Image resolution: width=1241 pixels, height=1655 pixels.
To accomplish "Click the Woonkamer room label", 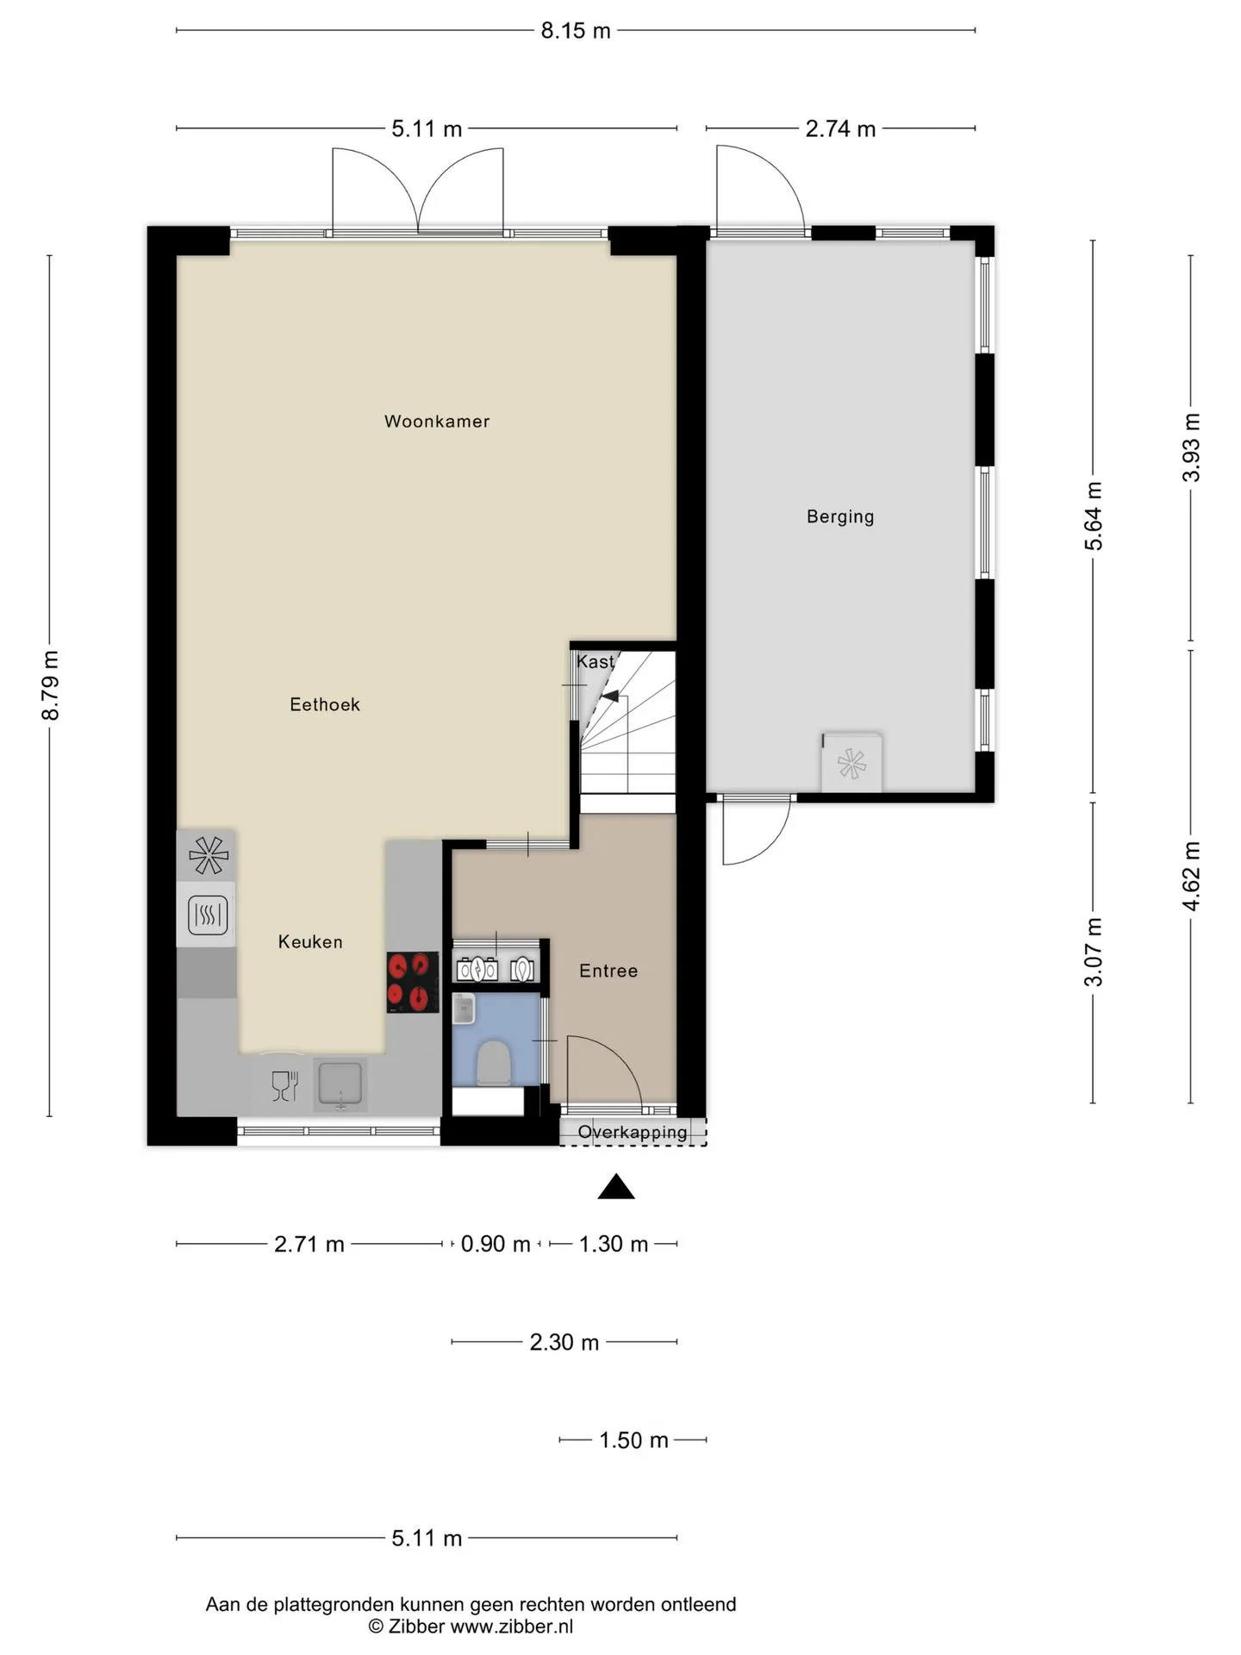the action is click(x=437, y=422).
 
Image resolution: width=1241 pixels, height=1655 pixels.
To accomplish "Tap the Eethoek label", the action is click(x=325, y=704).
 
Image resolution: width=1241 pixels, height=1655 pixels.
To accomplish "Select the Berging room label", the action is click(x=840, y=516).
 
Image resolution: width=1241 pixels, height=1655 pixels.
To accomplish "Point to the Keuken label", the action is click(x=310, y=942).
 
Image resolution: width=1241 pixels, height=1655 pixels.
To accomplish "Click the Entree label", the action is click(x=608, y=971).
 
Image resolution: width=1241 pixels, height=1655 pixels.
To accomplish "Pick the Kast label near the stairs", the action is click(x=596, y=661).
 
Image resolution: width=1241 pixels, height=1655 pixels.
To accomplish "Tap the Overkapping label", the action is click(x=633, y=1132).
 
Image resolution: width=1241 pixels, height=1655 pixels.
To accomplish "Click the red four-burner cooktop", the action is click(x=413, y=982).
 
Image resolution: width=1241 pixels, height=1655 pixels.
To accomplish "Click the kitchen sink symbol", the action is click(x=340, y=1084).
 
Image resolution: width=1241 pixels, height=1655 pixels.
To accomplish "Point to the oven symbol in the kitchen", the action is click(x=208, y=915).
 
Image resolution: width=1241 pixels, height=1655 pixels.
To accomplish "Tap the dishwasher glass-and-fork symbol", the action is click(x=284, y=1085).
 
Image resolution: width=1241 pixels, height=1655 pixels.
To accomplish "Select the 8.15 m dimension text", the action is click(x=576, y=31).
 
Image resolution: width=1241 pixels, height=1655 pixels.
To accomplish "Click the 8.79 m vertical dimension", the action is click(x=51, y=685).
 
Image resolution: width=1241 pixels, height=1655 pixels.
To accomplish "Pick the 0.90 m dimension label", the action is click(x=496, y=1244).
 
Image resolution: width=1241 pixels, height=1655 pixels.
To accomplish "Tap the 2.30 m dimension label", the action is click(x=564, y=1342).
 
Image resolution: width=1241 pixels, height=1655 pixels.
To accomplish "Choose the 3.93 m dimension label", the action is click(x=1191, y=448).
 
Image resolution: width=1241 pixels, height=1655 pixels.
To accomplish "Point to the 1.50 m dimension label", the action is click(x=633, y=1440).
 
